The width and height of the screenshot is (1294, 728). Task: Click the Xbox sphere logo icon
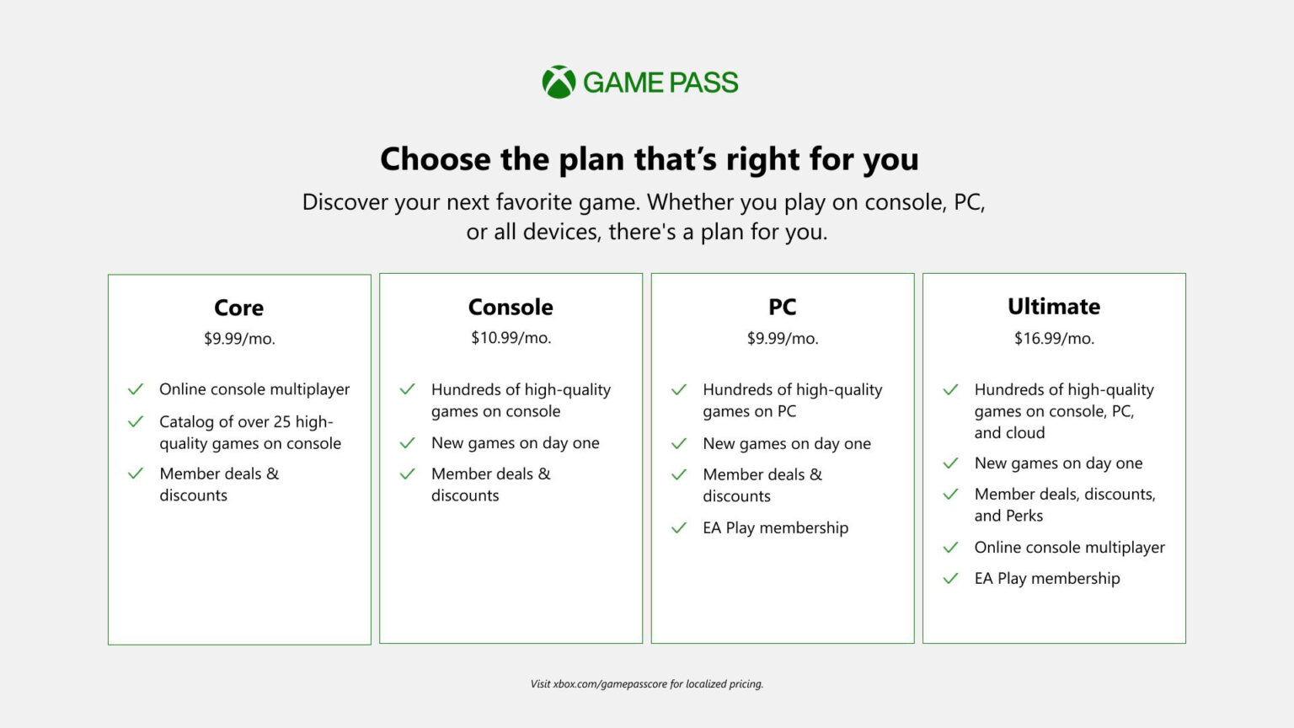click(x=559, y=83)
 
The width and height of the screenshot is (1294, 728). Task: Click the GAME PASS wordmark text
click(x=660, y=83)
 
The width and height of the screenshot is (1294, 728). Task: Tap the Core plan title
click(x=239, y=308)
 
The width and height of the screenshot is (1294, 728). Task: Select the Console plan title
click(x=511, y=307)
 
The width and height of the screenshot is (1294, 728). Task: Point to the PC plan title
click(x=782, y=307)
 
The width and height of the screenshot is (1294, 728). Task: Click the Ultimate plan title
click(x=1054, y=307)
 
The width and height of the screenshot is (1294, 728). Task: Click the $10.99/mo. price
click(x=511, y=338)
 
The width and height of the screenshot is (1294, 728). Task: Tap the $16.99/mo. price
click(x=1054, y=339)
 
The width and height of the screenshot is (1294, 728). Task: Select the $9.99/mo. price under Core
click(x=239, y=339)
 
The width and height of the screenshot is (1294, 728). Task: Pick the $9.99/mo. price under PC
click(x=782, y=339)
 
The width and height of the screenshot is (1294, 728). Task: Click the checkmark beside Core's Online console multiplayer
click(x=136, y=389)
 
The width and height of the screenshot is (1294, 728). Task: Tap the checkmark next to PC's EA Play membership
click(x=679, y=528)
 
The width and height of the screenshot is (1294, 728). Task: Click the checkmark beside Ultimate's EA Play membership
click(x=950, y=579)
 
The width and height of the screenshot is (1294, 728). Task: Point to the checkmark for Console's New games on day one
click(x=408, y=443)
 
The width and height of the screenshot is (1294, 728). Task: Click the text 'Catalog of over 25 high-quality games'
click(x=250, y=432)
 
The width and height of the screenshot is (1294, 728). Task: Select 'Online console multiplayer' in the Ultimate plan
click(x=1069, y=548)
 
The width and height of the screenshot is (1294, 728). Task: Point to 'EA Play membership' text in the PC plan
click(x=775, y=528)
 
